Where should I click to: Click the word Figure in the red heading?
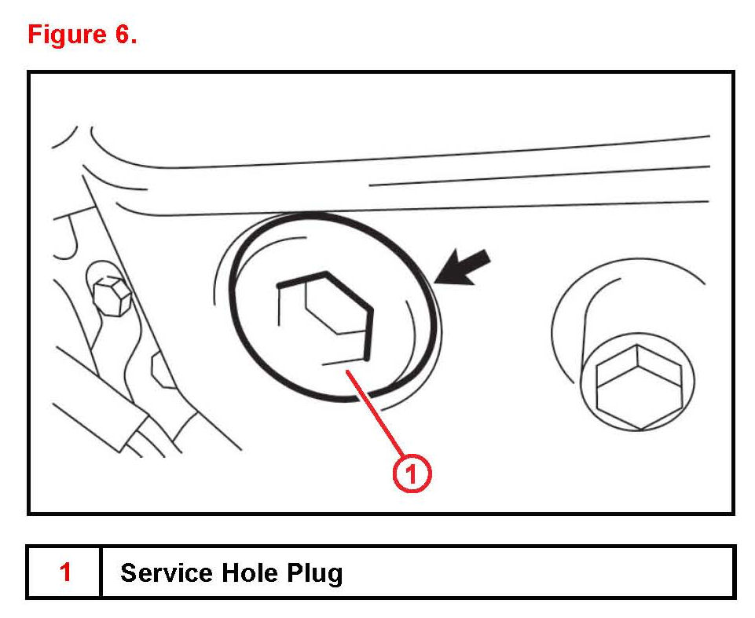tap(66, 35)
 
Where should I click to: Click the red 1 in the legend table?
tap(65, 572)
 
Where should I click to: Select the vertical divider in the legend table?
tap(101, 572)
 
